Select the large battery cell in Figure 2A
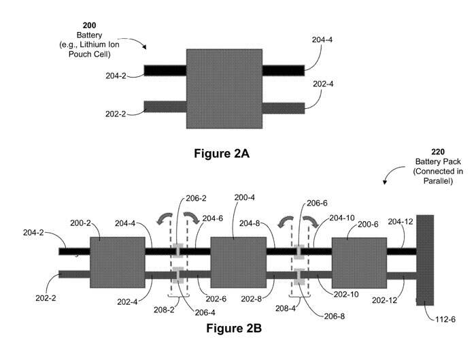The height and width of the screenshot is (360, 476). click(224, 88)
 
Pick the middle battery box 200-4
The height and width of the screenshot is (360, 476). click(238, 262)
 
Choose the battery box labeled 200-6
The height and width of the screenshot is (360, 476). click(359, 262)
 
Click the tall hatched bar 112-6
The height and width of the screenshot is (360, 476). click(425, 260)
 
